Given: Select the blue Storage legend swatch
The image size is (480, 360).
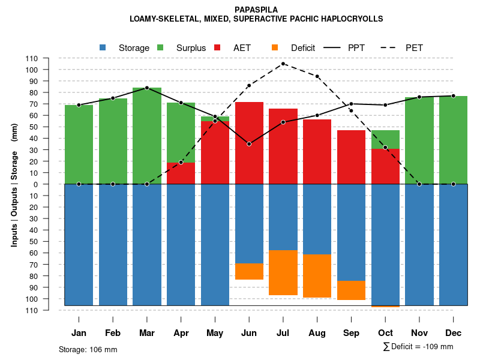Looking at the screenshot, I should [x=103, y=47].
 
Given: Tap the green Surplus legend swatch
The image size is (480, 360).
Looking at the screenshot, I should [x=160, y=47].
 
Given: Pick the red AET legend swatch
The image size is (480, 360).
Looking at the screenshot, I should [x=217, y=47].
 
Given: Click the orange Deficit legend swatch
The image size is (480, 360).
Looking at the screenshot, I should [x=275, y=47].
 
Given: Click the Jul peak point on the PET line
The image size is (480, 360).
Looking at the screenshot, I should [x=283, y=64].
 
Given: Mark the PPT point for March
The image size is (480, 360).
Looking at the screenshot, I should [x=147, y=88].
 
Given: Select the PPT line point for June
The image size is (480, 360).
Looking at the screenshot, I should [x=249, y=144].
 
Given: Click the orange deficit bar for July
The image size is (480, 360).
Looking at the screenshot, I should [x=283, y=272].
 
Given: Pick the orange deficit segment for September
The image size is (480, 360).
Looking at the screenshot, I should [x=352, y=290].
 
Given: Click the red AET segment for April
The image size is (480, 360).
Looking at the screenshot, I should [x=181, y=173].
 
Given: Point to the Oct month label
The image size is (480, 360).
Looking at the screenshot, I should [x=385, y=333].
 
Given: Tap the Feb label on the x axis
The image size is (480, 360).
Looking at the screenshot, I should [x=113, y=333].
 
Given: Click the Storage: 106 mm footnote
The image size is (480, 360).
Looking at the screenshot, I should [x=88, y=349].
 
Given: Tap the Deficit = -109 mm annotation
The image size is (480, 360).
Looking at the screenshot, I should [x=418, y=347].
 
